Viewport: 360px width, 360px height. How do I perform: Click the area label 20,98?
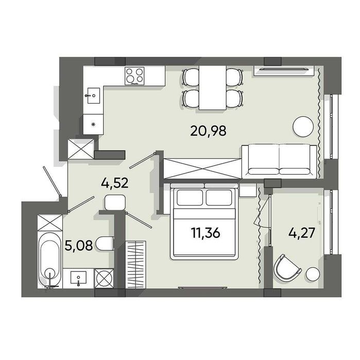[x=208, y=131]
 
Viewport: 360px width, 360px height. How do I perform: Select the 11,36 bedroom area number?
[x=205, y=233]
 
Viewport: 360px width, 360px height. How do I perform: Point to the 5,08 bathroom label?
[x=79, y=246]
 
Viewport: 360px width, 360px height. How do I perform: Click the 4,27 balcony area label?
[x=301, y=233]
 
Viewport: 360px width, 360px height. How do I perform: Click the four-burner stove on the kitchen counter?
[x=134, y=76]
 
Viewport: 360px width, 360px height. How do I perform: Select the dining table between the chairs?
[x=213, y=88]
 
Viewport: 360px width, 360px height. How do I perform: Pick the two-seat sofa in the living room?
[x=279, y=161]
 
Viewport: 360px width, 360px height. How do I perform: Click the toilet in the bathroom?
[x=105, y=244]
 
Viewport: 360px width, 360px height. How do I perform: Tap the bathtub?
[x=50, y=260]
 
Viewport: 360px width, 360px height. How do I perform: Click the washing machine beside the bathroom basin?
[x=104, y=278]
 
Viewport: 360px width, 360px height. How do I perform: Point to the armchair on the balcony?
[x=287, y=267]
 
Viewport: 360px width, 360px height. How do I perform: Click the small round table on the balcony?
[x=313, y=274]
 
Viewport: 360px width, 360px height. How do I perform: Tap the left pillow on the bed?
[x=190, y=197]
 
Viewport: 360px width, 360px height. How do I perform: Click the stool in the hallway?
[x=115, y=202]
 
